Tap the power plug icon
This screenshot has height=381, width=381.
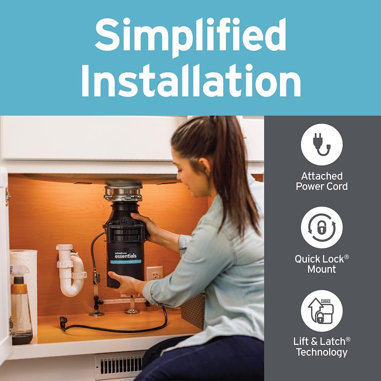[x=322, y=144]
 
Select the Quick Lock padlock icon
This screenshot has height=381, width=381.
[x=322, y=227]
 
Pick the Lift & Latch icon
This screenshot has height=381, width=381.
[x=322, y=311]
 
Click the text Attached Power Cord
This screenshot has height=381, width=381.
[x=322, y=181]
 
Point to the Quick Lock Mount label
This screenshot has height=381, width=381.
[x=322, y=264]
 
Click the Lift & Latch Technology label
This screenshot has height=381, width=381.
[x=322, y=347]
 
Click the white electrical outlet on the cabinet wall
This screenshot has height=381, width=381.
[x=154, y=274]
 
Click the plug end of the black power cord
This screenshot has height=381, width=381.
[x=63, y=322]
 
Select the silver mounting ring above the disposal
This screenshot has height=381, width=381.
[x=123, y=193]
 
